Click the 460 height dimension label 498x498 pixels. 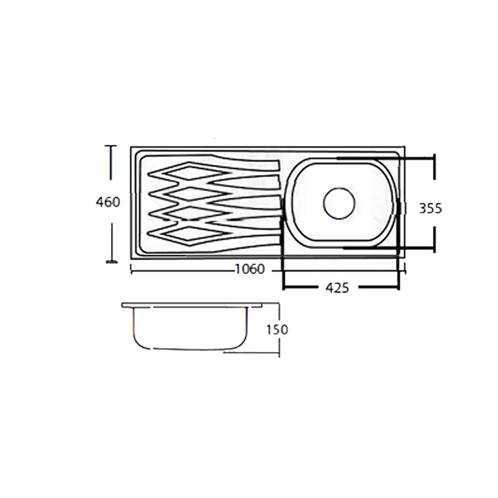(x=108, y=202)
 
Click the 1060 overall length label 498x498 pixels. (x=250, y=269)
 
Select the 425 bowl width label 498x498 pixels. (x=337, y=288)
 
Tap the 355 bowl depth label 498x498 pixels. (x=430, y=209)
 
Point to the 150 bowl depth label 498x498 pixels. (x=277, y=330)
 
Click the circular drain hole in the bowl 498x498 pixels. (x=339, y=203)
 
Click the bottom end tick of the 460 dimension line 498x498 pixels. (x=112, y=261)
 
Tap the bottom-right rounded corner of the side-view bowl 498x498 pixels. (x=242, y=344)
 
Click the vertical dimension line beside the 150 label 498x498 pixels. (x=279, y=346)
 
